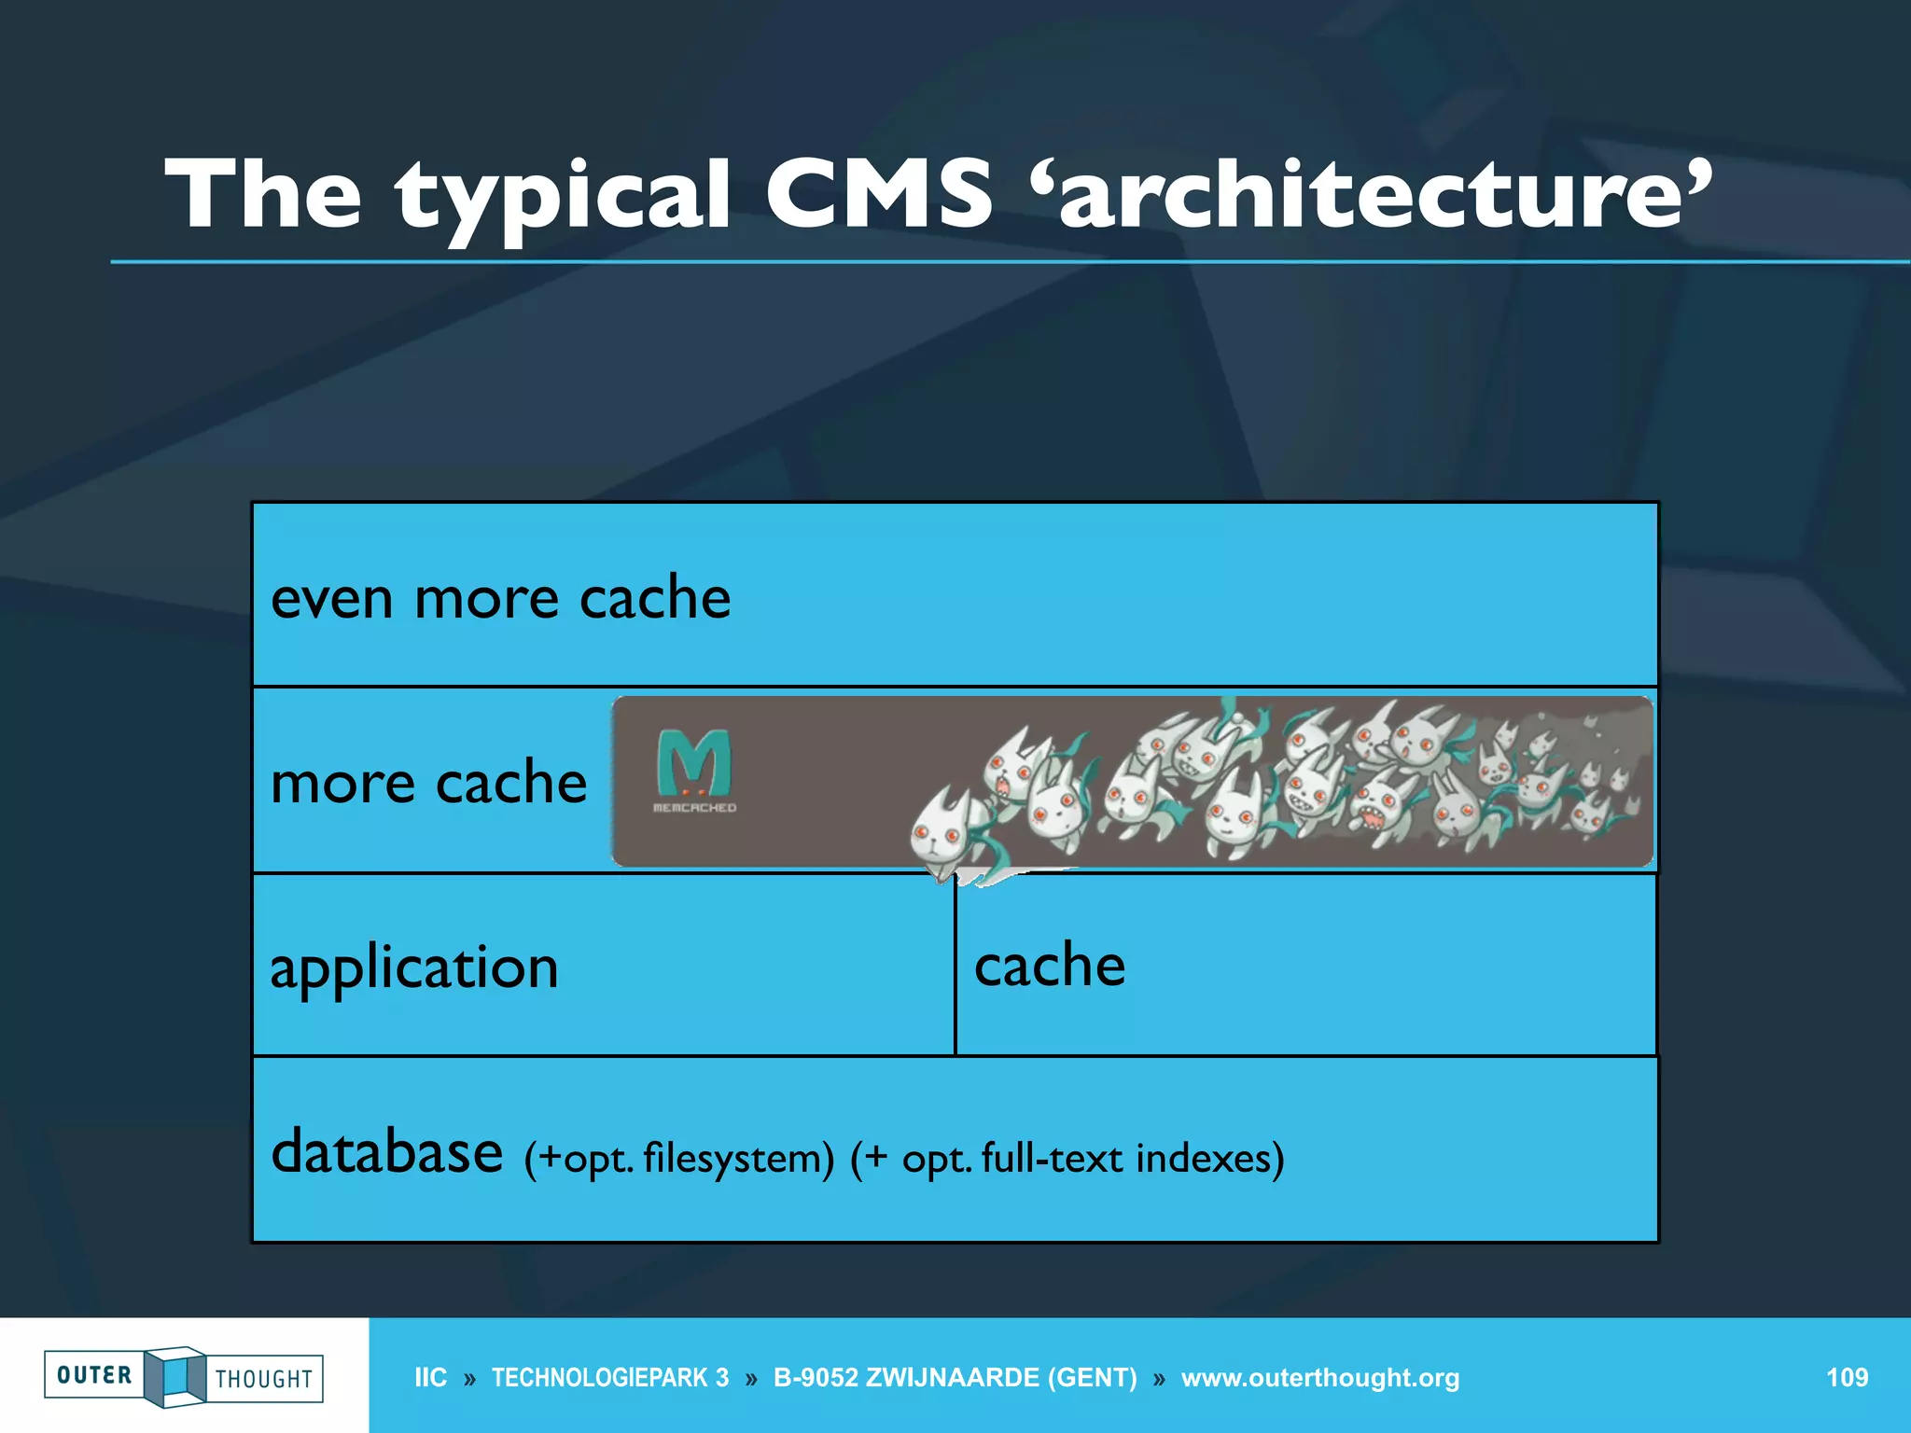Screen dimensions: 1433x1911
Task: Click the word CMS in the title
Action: point(878,194)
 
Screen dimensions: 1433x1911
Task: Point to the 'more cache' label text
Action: point(428,782)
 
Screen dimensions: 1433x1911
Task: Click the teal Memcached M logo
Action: point(693,762)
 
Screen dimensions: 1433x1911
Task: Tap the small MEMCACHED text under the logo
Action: point(694,808)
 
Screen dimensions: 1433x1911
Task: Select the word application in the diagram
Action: point(414,968)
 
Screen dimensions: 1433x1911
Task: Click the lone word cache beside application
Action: point(1050,965)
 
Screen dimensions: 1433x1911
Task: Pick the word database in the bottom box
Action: point(386,1151)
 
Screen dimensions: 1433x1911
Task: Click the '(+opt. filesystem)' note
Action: point(678,1159)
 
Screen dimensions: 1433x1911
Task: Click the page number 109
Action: point(1847,1378)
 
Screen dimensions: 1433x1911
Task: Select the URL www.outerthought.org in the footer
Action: point(1319,1378)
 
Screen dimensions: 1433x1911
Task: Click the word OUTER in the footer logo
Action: point(94,1375)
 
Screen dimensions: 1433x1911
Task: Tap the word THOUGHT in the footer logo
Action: point(264,1379)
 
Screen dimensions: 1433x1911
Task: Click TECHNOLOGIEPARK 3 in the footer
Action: point(610,1378)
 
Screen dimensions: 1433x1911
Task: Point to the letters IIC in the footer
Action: point(430,1378)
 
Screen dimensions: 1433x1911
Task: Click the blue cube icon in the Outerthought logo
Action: point(174,1376)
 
